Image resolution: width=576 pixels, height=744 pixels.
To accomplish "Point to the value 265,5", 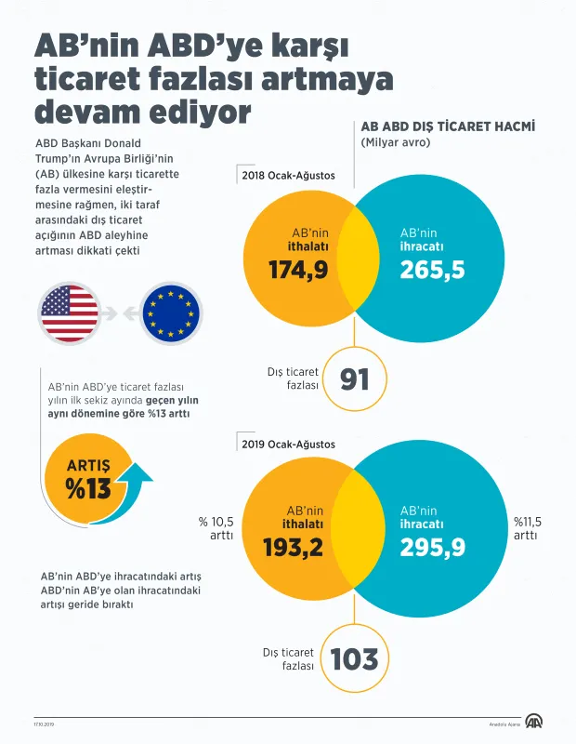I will point(432,270).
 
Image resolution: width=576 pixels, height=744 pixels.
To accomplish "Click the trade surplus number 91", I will point(355,379).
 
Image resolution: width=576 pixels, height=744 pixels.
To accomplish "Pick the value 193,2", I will point(293,548).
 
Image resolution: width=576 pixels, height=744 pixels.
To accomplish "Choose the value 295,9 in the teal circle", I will point(432,548).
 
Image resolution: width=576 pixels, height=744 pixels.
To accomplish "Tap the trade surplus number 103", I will point(354,659).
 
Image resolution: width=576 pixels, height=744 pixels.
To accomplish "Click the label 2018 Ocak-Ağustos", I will point(288,175).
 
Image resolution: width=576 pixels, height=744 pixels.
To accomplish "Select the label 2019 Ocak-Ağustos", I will point(288,445).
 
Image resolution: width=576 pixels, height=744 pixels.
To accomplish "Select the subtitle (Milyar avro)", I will point(396,143).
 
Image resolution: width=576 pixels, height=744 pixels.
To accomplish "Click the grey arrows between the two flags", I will point(120,313).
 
